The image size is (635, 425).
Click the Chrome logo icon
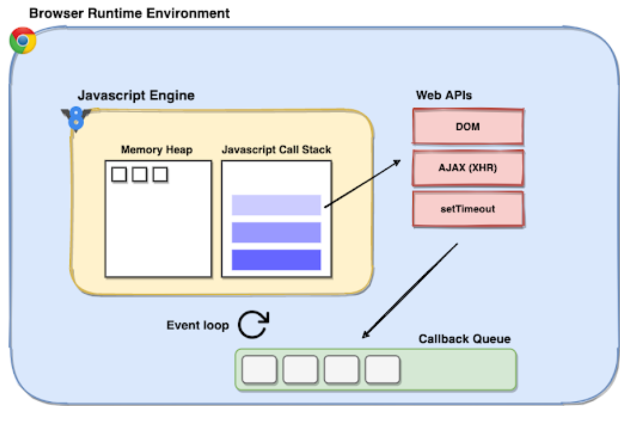[x=23, y=41]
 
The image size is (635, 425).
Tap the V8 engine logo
[x=76, y=119]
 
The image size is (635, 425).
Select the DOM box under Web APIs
[x=468, y=127]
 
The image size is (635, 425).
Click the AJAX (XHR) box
[x=468, y=168]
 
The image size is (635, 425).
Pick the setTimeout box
[x=468, y=209]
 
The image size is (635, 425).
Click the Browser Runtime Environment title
[x=129, y=13]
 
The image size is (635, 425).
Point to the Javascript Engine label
[x=136, y=95]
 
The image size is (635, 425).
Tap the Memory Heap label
[x=157, y=149]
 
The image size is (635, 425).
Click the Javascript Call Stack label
[x=276, y=149]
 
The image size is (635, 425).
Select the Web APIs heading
[x=444, y=95]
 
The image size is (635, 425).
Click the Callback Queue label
[x=465, y=339]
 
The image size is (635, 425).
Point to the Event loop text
[x=197, y=325]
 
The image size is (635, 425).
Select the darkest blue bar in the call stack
[x=276, y=259]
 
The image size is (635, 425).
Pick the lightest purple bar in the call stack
[x=276, y=205]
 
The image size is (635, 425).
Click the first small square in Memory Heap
[x=119, y=174]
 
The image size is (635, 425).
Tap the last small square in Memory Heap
[x=160, y=174]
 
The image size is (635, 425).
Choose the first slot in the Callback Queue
[x=259, y=370]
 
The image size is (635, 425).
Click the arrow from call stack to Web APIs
[x=362, y=184]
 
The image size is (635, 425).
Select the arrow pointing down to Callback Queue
[x=410, y=291]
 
